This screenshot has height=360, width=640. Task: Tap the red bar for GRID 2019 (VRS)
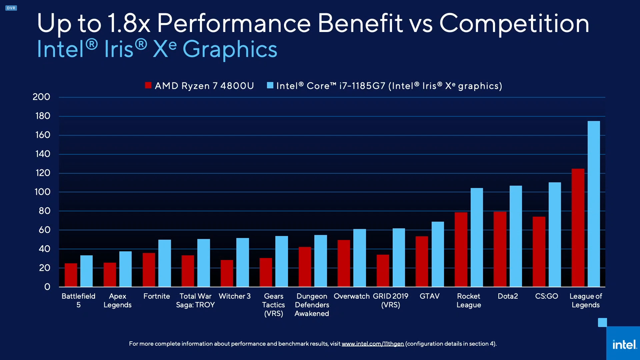(x=383, y=271)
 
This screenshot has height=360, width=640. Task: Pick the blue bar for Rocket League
(x=477, y=237)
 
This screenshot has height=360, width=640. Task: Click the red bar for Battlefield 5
(x=71, y=275)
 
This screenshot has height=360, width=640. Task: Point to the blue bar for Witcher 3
(x=242, y=262)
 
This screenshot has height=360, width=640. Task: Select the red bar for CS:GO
(x=539, y=252)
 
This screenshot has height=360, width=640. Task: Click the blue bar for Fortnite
(x=164, y=263)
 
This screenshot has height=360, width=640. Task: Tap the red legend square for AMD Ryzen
(x=148, y=85)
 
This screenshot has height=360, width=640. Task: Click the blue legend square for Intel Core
(x=270, y=85)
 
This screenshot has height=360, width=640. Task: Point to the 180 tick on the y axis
(x=43, y=116)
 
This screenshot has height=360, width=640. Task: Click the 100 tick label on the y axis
(x=42, y=192)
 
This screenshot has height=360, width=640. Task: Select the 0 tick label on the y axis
(x=47, y=287)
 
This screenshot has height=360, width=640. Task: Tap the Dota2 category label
(x=508, y=296)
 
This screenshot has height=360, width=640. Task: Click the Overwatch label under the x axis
(x=351, y=296)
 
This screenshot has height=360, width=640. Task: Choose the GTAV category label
(x=429, y=296)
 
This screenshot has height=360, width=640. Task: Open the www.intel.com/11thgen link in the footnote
(x=372, y=344)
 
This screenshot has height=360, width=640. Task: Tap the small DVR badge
(x=11, y=8)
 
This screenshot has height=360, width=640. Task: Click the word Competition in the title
(x=514, y=23)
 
